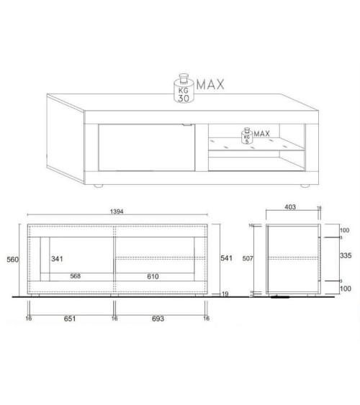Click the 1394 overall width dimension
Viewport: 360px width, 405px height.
pyautogui.click(x=117, y=211)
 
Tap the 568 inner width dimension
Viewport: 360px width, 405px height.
pyautogui.click(x=74, y=276)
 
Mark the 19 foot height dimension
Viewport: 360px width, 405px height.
pyautogui.click(x=225, y=293)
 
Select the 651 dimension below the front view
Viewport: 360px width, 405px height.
pyautogui.click(x=71, y=317)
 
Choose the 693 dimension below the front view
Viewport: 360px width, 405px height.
pyautogui.click(x=159, y=317)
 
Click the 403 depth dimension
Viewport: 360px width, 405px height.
pyautogui.click(x=291, y=207)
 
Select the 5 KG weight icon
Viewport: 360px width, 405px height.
pyautogui.click(x=248, y=137)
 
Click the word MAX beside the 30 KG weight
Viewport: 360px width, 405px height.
pyautogui.click(x=210, y=85)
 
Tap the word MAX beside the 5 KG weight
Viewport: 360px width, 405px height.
pyautogui.click(x=262, y=134)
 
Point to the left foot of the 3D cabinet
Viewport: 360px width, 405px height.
pyautogui.click(x=98, y=187)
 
